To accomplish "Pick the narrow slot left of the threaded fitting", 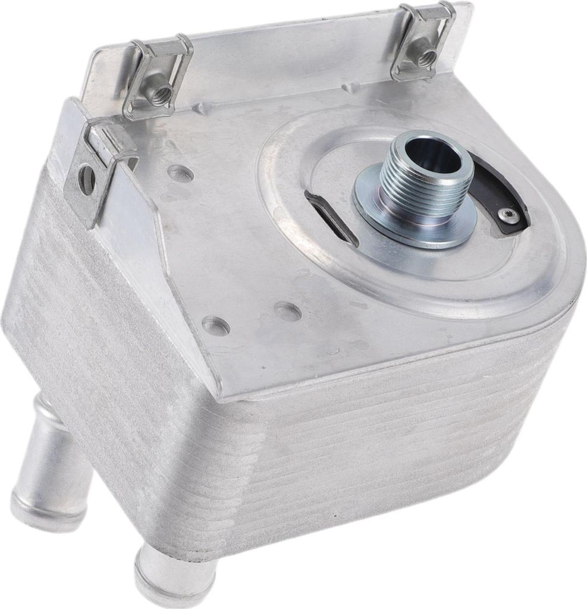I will point(331,216).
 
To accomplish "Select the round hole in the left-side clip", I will point(87,178).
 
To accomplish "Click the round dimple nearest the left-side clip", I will point(180,174).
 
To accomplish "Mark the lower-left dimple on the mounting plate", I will point(215,326).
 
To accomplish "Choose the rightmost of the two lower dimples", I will point(288,311).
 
